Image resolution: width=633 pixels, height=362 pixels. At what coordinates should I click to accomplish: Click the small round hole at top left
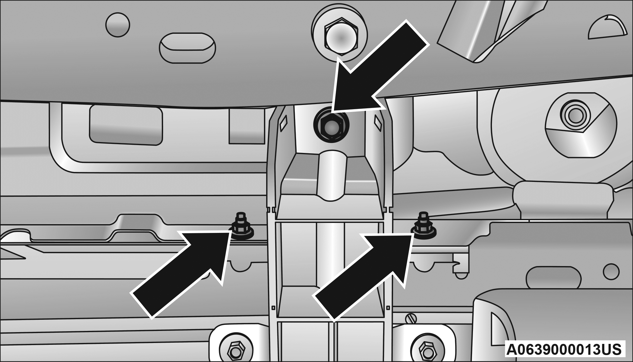point(118,25)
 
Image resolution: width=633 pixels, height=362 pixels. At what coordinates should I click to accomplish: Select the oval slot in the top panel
point(187,48)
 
